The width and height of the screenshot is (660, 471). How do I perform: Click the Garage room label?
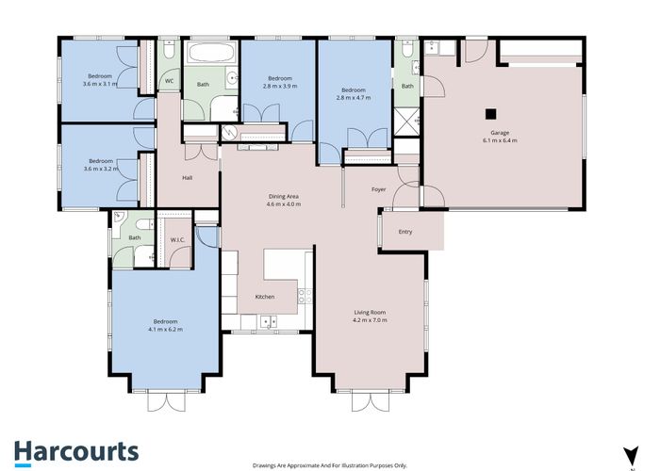(x=500, y=133)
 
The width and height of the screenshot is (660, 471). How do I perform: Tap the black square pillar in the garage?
(x=491, y=114)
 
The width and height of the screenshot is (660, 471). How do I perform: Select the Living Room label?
(x=370, y=312)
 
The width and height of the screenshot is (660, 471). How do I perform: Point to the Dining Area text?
(x=284, y=196)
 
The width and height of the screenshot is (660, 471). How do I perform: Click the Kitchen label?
(x=265, y=297)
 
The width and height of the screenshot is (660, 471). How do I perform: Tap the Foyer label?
(x=378, y=189)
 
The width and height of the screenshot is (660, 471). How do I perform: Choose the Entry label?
(x=405, y=232)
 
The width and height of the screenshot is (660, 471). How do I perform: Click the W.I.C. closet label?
(x=177, y=239)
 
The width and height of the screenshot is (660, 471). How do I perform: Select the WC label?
(x=169, y=81)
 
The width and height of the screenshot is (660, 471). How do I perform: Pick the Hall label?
(x=188, y=178)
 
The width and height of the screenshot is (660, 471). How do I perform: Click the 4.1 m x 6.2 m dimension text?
(x=165, y=330)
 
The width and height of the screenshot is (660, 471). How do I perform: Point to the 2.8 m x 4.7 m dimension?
(x=354, y=98)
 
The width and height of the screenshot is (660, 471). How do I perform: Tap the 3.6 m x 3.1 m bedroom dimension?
(x=100, y=84)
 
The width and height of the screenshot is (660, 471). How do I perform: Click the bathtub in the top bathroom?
(x=211, y=53)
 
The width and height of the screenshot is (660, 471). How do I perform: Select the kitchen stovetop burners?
(x=305, y=296)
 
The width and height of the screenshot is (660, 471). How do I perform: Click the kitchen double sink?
(x=268, y=322)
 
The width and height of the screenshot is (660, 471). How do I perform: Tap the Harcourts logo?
(x=76, y=453)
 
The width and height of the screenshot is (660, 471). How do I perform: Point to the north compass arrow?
(x=631, y=456)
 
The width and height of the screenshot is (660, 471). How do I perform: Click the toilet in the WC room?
(x=169, y=50)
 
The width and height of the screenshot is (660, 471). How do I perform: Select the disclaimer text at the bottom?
(x=330, y=465)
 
